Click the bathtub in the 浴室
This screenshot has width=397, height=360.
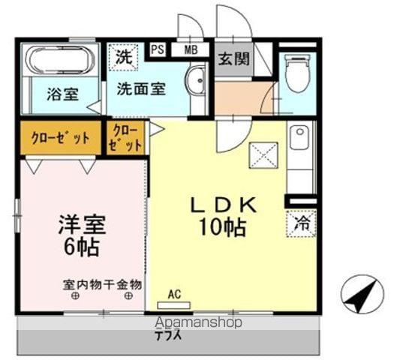58,61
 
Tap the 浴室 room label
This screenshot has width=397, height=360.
62,95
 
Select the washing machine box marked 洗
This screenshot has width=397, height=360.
122,55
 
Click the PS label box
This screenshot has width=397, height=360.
158,50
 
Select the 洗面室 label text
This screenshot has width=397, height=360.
140,88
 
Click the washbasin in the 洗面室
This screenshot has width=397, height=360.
196,80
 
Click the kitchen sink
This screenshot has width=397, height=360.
299,138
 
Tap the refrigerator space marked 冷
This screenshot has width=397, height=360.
300,222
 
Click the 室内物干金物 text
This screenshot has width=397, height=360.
102,284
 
